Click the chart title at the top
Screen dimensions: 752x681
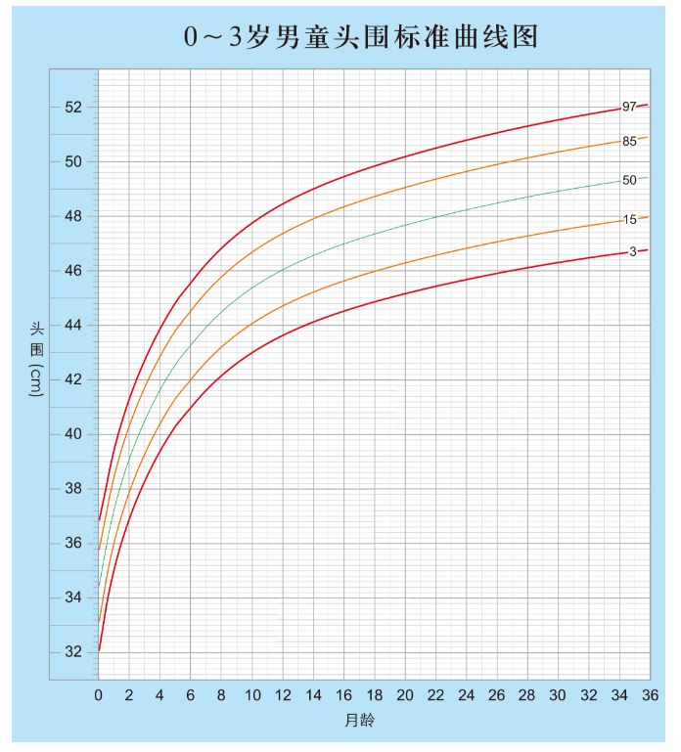point(361,36)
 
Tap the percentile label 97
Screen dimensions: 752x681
point(629,107)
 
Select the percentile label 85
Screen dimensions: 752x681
point(629,141)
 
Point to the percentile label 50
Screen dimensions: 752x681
point(629,180)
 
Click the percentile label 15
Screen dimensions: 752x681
point(629,220)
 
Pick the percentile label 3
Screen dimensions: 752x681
point(632,251)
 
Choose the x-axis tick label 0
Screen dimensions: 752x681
point(98,694)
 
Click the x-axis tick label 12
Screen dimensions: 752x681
point(282,694)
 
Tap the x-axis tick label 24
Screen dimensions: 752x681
point(466,694)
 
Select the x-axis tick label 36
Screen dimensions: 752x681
point(650,694)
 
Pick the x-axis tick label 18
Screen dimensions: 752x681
point(374,694)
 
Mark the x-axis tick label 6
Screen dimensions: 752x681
point(190,694)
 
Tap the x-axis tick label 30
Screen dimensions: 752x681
point(558,694)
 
